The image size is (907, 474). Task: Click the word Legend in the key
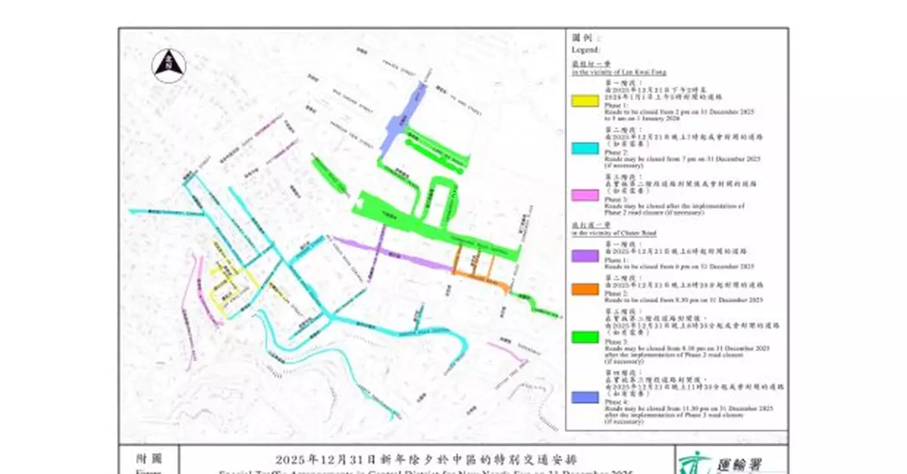coord(587,50)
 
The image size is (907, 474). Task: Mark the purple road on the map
coord(393,253)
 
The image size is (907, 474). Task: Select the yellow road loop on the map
coord(226,286)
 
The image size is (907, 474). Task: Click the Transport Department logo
coord(689,461)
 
